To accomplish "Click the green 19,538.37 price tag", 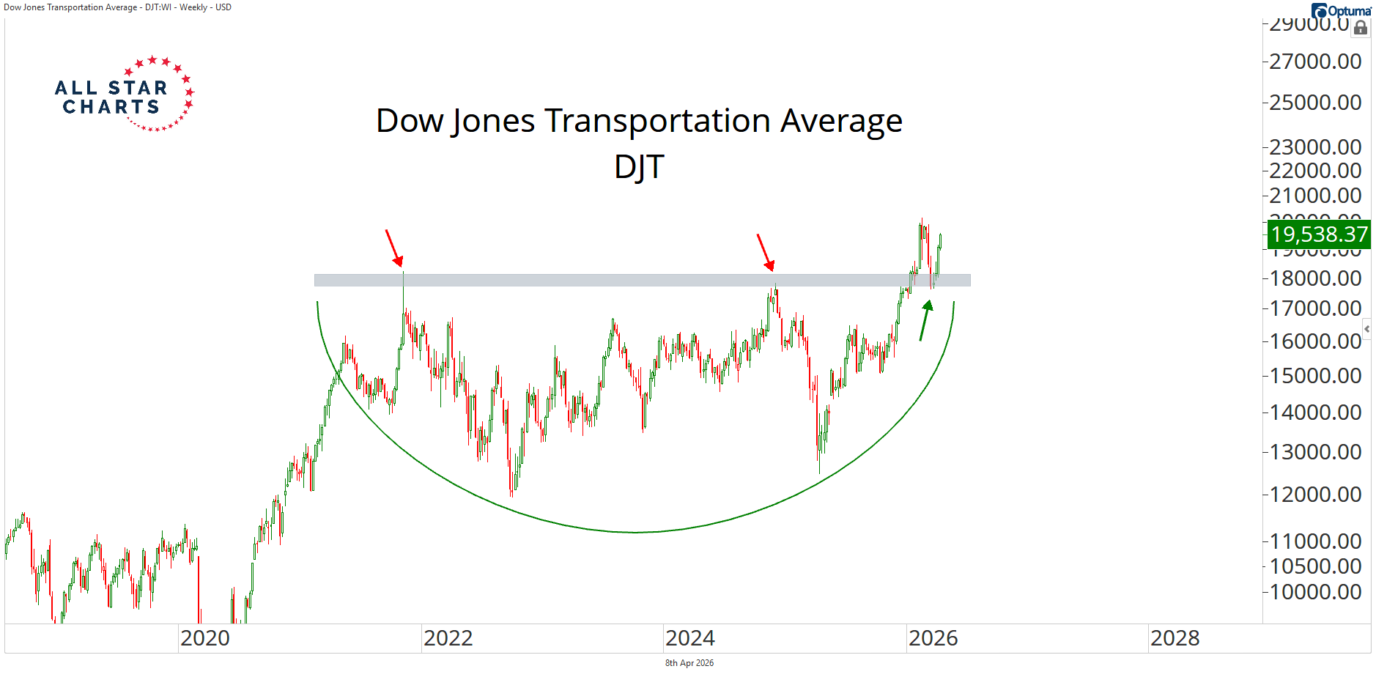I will click(x=1318, y=234).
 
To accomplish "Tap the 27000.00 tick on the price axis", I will click(x=1315, y=62).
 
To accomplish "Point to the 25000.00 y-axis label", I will click(x=1315, y=103).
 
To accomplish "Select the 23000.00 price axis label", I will click(x=1315, y=147).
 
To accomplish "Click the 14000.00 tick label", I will click(x=1315, y=413).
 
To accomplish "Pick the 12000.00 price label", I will click(x=1315, y=495).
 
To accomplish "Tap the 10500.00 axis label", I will click(x=1315, y=566).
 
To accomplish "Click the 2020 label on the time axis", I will click(x=205, y=638).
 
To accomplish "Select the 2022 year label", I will click(x=448, y=638).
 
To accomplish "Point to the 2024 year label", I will click(x=690, y=638).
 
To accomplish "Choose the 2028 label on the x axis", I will click(x=1175, y=638).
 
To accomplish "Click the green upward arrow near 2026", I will click(x=926, y=320).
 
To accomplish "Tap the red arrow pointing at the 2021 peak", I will click(x=394, y=248).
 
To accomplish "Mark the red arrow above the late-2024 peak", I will click(x=766, y=252).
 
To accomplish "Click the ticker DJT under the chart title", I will click(x=639, y=167).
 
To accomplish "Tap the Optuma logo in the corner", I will click(x=1342, y=10).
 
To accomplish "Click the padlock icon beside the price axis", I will click(x=1361, y=28).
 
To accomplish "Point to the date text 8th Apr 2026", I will click(x=689, y=663).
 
